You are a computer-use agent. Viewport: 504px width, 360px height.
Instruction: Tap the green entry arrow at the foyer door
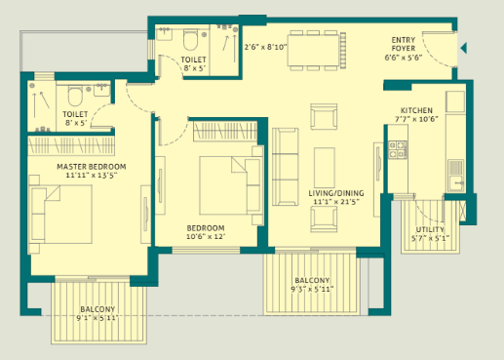[x=464, y=47]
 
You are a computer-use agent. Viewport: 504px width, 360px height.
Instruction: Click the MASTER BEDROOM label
[x=87, y=167]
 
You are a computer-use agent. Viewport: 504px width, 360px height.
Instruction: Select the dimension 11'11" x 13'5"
[x=87, y=177]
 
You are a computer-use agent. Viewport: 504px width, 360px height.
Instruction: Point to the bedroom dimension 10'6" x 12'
[x=206, y=237]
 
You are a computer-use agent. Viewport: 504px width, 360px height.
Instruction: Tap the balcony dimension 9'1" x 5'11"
[x=98, y=318]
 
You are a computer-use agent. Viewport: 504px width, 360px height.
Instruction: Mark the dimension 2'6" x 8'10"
[x=265, y=46]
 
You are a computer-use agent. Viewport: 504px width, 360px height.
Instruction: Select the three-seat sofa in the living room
[x=285, y=167]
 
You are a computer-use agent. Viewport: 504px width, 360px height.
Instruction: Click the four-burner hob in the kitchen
[x=398, y=149]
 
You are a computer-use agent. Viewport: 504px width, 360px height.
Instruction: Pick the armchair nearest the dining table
[x=322, y=118]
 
